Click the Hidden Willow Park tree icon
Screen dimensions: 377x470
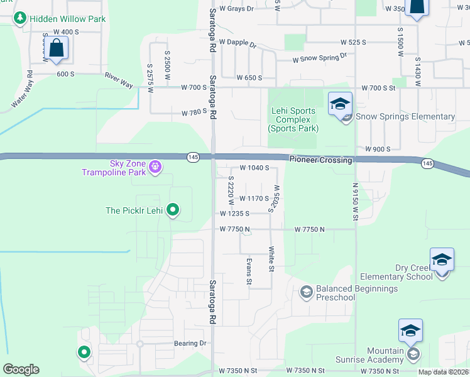click(x=20, y=19)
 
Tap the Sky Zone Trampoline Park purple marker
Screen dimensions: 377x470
click(x=155, y=167)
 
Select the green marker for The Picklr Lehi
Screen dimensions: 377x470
click(x=174, y=210)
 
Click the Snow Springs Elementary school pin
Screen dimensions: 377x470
click(x=340, y=104)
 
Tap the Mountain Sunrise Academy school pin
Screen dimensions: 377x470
click(x=410, y=331)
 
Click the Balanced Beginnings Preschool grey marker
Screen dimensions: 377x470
click(x=306, y=292)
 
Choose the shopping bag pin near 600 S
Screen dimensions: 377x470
click(x=56, y=48)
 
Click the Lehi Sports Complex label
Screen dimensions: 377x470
click(x=293, y=119)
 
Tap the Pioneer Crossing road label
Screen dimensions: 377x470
click(x=320, y=160)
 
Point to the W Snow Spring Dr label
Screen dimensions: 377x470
click(x=320, y=58)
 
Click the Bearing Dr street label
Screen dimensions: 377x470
click(x=190, y=344)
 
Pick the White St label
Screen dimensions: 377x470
click(x=271, y=259)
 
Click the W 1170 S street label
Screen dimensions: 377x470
click(x=254, y=199)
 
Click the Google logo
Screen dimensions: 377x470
click(x=21, y=369)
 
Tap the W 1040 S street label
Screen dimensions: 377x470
click(x=254, y=168)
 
